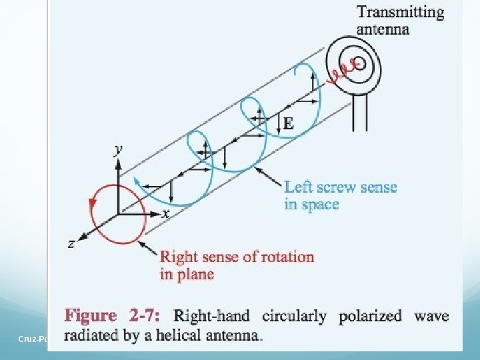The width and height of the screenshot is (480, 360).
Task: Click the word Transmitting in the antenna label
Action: tap(400, 12)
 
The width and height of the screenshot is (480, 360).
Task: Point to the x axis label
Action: tap(166, 213)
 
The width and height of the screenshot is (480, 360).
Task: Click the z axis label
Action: tap(71, 245)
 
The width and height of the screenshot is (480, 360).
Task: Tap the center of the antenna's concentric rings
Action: tap(358, 63)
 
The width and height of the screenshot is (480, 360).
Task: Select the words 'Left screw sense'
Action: tap(340, 187)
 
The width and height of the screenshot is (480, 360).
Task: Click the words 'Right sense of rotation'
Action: tap(237, 257)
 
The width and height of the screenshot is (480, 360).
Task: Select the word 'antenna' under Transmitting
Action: tap(383, 29)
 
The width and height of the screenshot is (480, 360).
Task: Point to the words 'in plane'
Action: tap(187, 274)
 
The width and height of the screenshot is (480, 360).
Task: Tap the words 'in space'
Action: tap(312, 204)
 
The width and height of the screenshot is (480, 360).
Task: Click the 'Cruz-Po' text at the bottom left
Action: tap(31, 339)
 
